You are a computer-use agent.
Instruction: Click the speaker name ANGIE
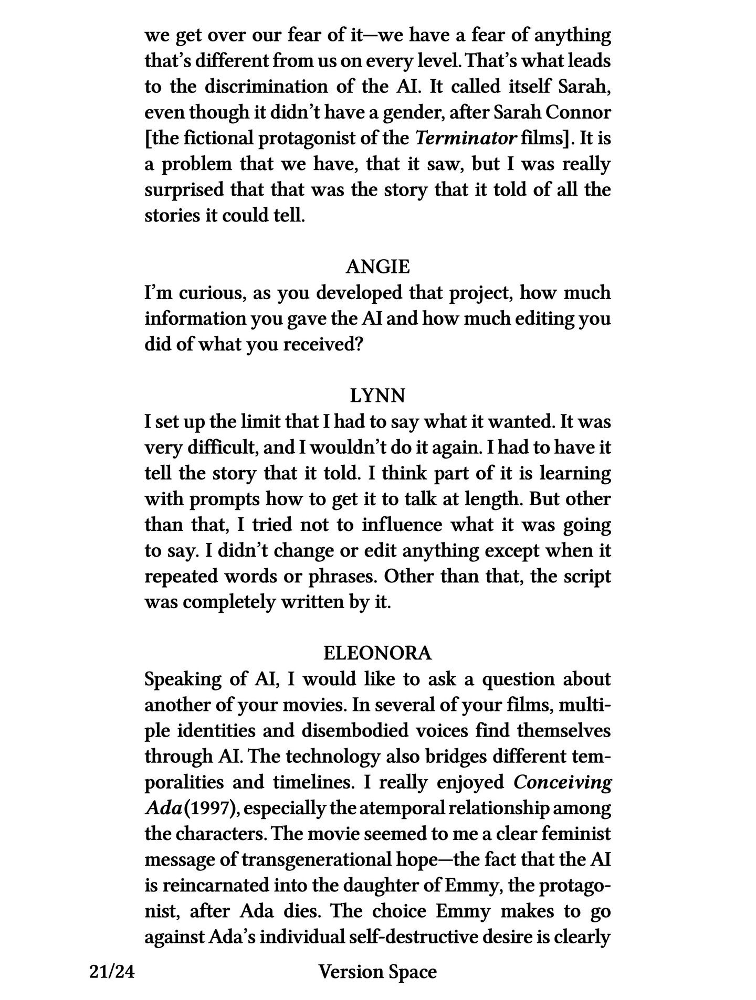[377, 267]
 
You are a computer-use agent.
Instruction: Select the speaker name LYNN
[377, 396]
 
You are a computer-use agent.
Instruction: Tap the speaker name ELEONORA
[377, 653]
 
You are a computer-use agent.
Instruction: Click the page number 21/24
[112, 972]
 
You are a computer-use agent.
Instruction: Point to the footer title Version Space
[377, 972]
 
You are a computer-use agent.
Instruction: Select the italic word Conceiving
[562, 782]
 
